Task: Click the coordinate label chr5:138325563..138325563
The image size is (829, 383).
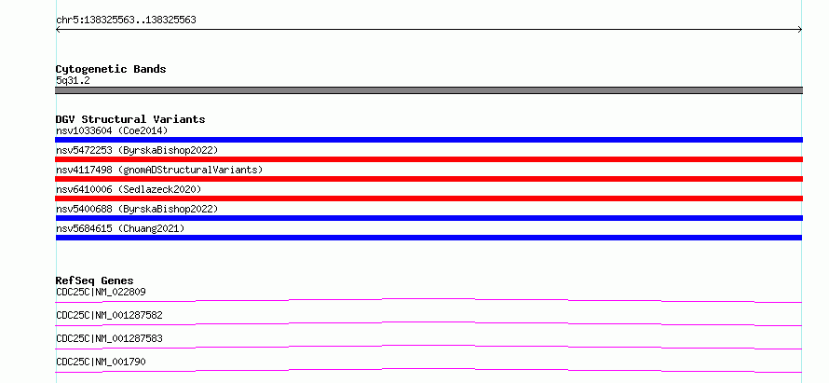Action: point(126,21)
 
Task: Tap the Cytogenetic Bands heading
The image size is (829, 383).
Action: point(111,69)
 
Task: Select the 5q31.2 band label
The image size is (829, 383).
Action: point(72,81)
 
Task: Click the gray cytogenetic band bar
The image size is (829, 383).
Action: point(428,90)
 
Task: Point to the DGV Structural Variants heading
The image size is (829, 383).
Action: point(130,119)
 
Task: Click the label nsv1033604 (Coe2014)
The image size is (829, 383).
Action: point(112,130)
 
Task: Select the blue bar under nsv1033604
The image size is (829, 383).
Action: point(428,140)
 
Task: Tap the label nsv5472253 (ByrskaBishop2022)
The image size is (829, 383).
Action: point(137,150)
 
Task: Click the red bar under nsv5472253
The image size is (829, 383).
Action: point(428,159)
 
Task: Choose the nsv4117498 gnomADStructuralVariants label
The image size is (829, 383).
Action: point(159,170)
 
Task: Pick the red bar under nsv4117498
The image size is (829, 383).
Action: point(428,179)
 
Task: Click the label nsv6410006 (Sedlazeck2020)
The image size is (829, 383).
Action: point(129,189)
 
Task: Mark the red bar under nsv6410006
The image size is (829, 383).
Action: point(428,198)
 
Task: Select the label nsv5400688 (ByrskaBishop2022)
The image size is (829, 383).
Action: point(137,209)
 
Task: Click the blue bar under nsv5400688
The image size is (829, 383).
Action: point(428,218)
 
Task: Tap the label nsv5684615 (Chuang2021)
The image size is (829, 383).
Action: point(120,228)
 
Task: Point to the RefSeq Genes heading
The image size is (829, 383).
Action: point(95,280)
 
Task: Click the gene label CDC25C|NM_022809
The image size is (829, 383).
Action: point(101,292)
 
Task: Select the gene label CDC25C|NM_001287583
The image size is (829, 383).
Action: point(109,338)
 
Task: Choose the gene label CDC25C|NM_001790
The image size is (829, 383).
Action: point(101,362)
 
